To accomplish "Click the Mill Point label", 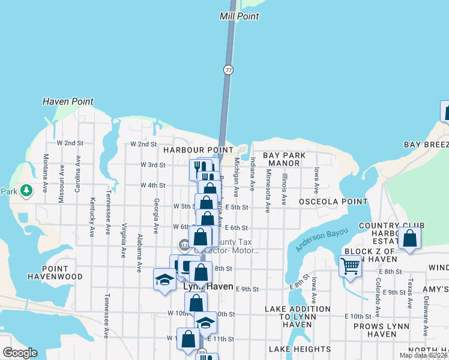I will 240,17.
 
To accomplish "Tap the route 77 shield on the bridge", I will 228,70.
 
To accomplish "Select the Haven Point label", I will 68,101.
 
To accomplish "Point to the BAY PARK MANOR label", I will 285,159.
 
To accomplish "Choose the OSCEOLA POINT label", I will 325,202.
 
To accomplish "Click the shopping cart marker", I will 350,265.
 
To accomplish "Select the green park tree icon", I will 25,191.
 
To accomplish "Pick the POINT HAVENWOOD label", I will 55,272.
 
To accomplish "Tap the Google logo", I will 20,352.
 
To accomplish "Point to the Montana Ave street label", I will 46,173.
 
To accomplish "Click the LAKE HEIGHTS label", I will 300,349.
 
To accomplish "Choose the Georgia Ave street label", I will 156,215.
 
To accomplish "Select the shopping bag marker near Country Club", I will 409,238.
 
